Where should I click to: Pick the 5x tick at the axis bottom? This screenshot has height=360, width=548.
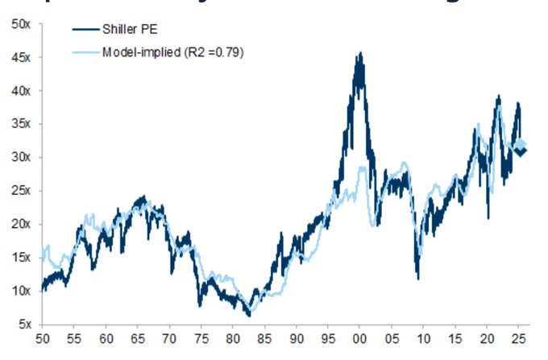[x=23, y=325]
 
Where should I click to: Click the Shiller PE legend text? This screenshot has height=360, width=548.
[x=129, y=31]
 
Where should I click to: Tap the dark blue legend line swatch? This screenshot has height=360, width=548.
[x=84, y=31]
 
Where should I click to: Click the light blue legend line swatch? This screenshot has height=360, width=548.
[x=84, y=52]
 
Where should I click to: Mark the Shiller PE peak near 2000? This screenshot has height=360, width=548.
[x=359, y=54]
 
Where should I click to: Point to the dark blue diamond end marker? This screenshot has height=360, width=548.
[x=521, y=152]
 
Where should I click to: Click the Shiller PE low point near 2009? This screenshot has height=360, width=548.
[x=417, y=278]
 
